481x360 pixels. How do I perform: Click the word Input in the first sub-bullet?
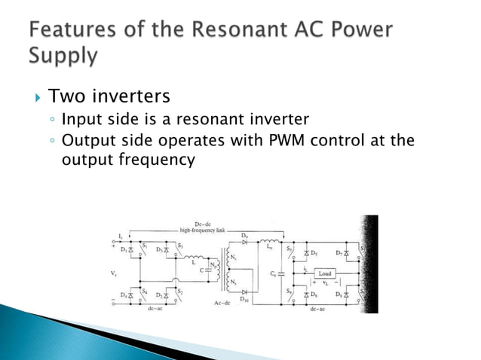(x=81, y=120)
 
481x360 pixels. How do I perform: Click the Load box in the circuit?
(x=325, y=273)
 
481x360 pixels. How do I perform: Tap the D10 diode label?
(x=244, y=301)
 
